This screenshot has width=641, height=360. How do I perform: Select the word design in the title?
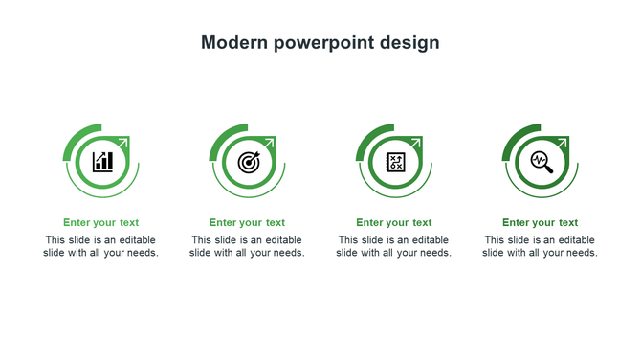tap(409, 43)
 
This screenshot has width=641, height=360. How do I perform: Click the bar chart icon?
tap(102, 161)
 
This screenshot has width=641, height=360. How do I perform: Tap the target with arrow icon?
tap(249, 161)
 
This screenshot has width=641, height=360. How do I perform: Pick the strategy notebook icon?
tap(395, 161)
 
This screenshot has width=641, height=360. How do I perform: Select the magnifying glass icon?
tap(542, 161)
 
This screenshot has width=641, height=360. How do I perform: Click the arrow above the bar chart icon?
tap(123, 143)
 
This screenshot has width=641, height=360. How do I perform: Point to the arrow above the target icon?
tap(270, 143)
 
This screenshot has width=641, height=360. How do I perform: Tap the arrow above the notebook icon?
tap(416, 143)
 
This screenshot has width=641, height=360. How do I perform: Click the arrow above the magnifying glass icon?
tap(563, 143)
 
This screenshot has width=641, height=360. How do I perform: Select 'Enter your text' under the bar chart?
tap(101, 223)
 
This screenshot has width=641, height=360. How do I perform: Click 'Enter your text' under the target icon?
tap(248, 223)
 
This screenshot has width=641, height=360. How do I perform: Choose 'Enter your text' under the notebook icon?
tap(394, 223)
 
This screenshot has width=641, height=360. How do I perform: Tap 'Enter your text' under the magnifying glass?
tap(541, 223)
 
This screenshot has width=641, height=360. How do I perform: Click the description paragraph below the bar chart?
tap(101, 246)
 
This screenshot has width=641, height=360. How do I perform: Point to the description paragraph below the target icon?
tap(248, 246)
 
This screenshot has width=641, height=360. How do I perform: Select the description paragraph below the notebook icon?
tap(394, 246)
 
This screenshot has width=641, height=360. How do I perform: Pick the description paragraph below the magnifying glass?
tap(541, 246)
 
